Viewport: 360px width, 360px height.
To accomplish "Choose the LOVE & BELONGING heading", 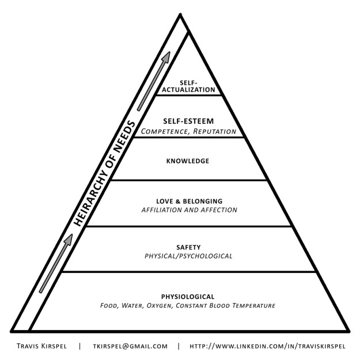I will click(x=190, y=201).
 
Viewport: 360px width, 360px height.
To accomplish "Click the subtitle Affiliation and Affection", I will click(x=190, y=210).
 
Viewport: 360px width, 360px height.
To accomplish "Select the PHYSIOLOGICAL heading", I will click(x=188, y=297).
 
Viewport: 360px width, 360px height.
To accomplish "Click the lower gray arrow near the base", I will click(x=55, y=262).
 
